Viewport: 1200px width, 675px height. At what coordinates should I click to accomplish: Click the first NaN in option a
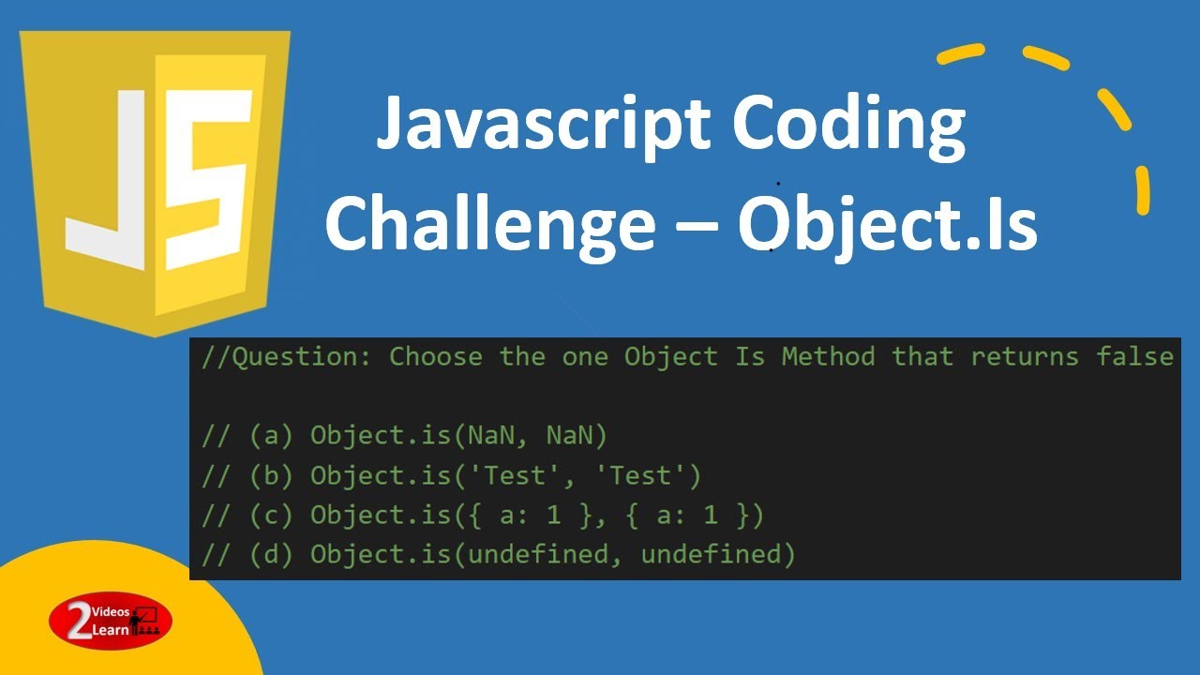490,436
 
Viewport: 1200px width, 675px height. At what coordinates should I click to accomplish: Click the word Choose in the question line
436,356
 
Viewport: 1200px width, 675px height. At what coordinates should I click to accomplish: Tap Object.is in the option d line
381,554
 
